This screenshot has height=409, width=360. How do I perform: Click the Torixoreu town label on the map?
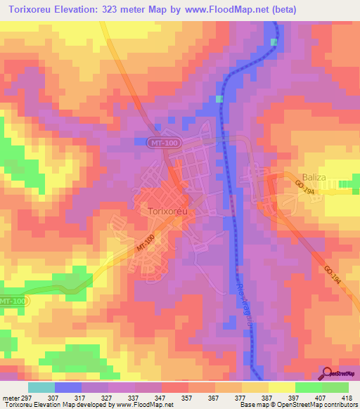(x=168, y=210)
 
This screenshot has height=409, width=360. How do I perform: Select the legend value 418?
(x=348, y=397)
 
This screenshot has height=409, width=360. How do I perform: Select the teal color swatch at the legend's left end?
(x=41, y=387)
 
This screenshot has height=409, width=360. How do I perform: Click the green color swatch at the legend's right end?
(x=335, y=387)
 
